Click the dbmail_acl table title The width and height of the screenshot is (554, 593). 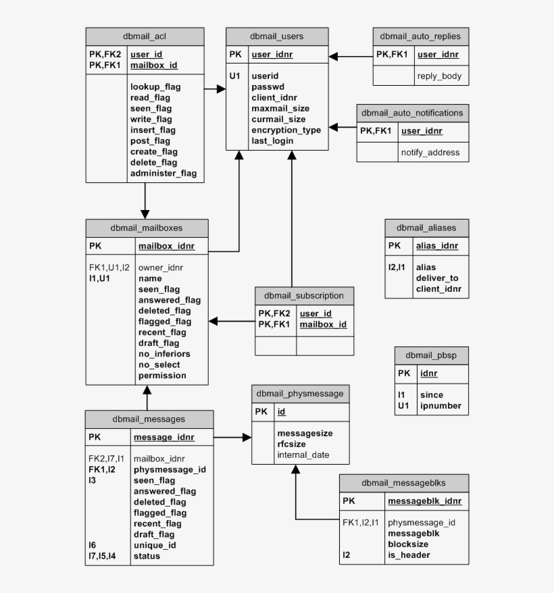pos(145,36)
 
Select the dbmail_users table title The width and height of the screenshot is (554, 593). pos(276,36)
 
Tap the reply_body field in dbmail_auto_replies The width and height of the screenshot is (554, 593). pos(439,76)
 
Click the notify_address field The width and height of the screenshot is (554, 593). pos(430,153)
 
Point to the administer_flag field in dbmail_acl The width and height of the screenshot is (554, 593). pos(163,174)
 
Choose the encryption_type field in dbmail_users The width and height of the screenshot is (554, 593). pos(286,130)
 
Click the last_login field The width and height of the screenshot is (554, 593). pos(272,141)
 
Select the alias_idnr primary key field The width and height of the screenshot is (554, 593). pos(437,246)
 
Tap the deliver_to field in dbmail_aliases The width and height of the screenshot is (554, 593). pos(437,278)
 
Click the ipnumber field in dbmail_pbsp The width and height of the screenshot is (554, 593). pos(440,406)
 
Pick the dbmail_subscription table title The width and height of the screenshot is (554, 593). pos(304,296)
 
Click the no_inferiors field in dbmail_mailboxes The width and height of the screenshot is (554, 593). pos(164,354)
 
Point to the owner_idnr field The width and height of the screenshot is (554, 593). pos(161,267)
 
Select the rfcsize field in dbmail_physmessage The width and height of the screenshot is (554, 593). pos(291,444)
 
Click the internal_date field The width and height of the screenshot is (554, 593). pos(303,455)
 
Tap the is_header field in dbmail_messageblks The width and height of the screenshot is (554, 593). pos(409,555)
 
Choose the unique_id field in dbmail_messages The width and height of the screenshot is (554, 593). pos(155,545)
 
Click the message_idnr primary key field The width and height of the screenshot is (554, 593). pos(164,438)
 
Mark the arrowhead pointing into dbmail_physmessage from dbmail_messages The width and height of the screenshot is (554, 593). pos(247,438)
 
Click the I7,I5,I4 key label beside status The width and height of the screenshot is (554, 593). pos(102,556)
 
